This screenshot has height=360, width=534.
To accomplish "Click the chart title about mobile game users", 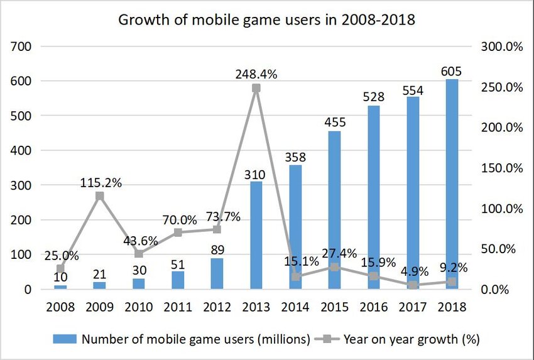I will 267,19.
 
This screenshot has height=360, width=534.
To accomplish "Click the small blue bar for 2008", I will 61,287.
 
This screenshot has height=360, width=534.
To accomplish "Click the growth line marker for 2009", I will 99,196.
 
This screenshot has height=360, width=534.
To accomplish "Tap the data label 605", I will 449,70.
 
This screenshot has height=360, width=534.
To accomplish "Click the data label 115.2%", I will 101,183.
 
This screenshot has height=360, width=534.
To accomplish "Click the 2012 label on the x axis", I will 216,307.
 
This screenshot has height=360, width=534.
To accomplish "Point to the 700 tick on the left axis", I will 19,46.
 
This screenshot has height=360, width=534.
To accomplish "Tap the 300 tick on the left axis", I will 19,185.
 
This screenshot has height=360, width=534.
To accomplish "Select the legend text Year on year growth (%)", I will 412,339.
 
